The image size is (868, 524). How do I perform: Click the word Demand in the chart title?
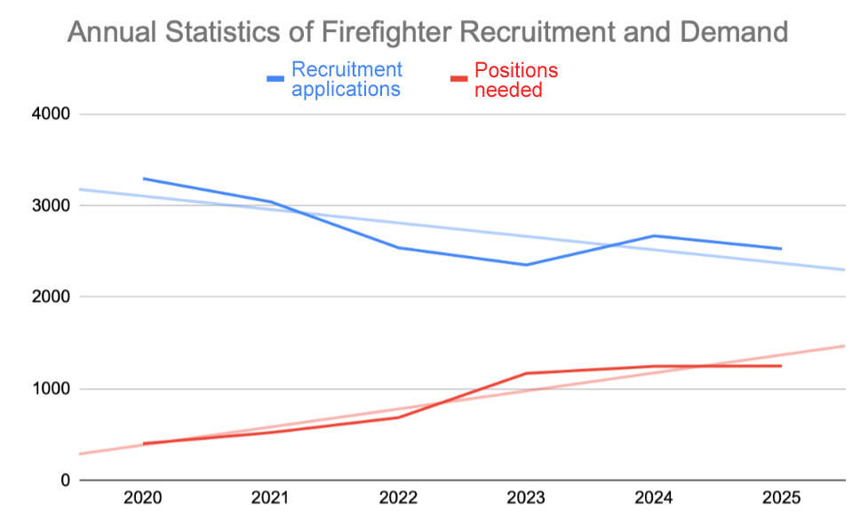click(x=734, y=32)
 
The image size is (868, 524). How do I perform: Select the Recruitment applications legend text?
click(x=346, y=79)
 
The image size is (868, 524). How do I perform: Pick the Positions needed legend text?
click(x=516, y=79)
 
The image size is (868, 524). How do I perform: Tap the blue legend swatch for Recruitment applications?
click(x=276, y=79)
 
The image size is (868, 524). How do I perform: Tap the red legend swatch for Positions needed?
click(x=460, y=79)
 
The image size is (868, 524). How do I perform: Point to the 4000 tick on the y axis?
click(x=51, y=115)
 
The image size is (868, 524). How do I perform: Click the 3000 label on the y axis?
click(x=51, y=206)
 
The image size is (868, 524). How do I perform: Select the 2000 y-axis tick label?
click(x=51, y=298)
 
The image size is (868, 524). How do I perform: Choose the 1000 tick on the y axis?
click(x=51, y=389)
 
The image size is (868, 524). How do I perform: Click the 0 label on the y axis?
click(x=63, y=480)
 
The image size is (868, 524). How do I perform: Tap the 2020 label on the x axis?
click(x=142, y=499)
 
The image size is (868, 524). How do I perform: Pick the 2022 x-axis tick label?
click(x=398, y=499)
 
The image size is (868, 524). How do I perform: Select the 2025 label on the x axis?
click(x=781, y=499)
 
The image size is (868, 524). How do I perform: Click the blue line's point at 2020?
click(x=143, y=179)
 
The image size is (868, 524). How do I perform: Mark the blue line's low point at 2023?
click(x=526, y=265)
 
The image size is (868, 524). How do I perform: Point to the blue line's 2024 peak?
click(x=654, y=235)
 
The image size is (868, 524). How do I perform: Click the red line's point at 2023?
click(x=526, y=373)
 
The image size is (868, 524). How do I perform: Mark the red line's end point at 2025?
click(x=781, y=366)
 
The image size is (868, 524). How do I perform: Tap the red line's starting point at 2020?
click(x=143, y=443)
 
